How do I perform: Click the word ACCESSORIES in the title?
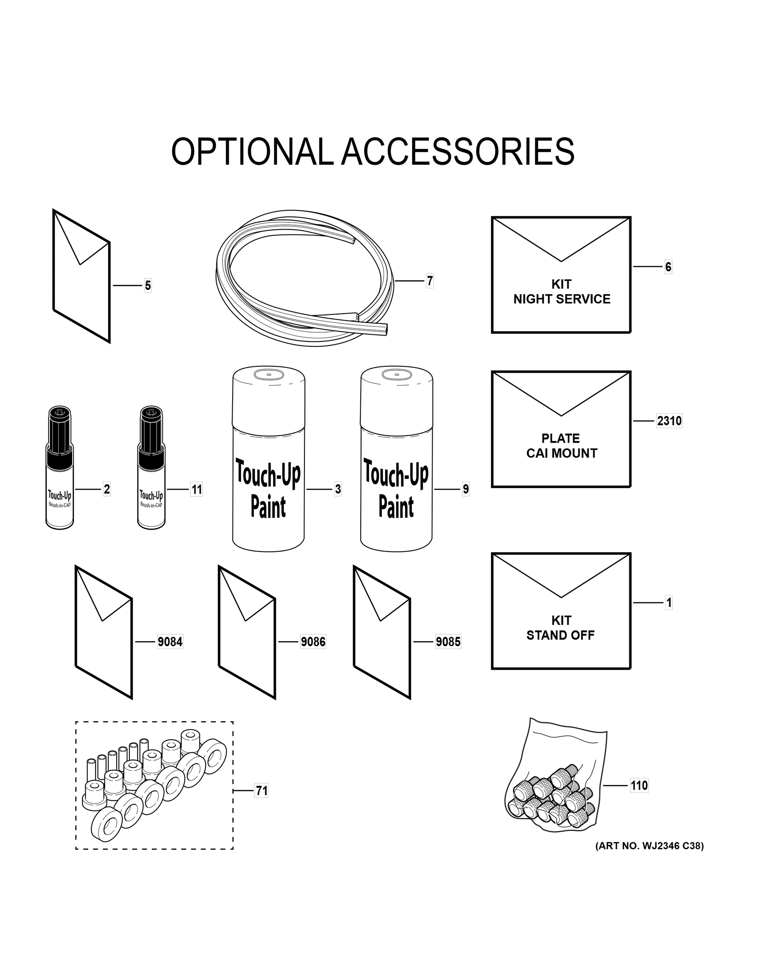tap(457, 152)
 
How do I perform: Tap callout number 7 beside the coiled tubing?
tap(430, 281)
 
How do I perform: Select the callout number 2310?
tap(669, 421)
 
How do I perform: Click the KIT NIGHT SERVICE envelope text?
tap(562, 292)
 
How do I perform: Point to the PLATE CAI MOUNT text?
tap(562, 445)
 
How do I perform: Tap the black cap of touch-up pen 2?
tap(60, 430)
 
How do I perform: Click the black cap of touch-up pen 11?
tap(151, 430)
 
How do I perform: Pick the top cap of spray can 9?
tap(396, 394)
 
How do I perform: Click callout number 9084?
tap(170, 642)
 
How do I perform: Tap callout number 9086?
tap(313, 642)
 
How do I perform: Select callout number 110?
tap(639, 785)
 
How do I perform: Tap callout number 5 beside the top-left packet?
tap(148, 286)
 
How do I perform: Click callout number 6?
tap(668, 267)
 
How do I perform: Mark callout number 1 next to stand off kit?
tap(669, 602)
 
